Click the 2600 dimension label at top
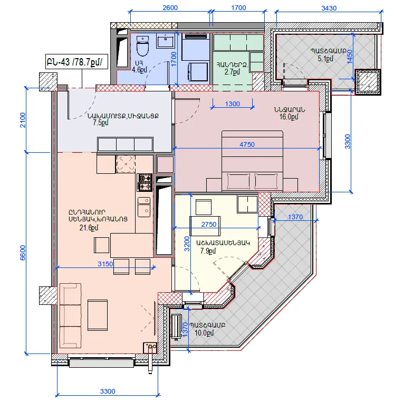coord(170,7)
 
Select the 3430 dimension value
coord(329,8)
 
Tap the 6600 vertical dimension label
coord(23,253)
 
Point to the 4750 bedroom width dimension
coord(247,144)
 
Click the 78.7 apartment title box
coord(76,62)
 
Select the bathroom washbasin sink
coord(166,41)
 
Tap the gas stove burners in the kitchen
coord(145,182)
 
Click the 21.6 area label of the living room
coord(89,228)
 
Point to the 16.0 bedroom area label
coord(289,117)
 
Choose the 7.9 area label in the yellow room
coord(208,251)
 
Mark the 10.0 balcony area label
coord(204,333)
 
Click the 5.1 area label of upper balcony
coord(325,59)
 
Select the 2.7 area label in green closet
coord(232,72)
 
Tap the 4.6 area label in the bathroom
coord(139,70)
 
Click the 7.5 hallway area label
coord(101,123)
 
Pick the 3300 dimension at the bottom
coord(108,391)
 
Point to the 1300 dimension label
coord(232,104)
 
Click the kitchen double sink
coord(144,207)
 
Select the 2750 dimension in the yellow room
coord(208,225)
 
